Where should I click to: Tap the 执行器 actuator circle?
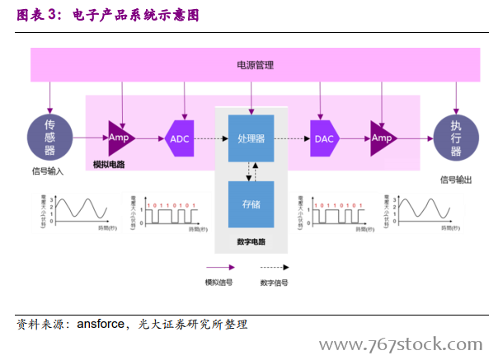[455, 138]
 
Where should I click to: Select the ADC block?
[179, 138]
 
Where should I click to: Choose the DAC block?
[324, 138]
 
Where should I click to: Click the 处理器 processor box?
[251, 138]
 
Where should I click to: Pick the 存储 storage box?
[251, 203]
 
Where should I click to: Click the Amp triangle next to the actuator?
[381, 138]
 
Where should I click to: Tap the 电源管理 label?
[255, 65]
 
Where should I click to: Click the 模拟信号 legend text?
[218, 283]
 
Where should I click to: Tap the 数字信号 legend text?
[274, 283]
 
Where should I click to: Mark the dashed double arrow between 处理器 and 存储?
[251, 171]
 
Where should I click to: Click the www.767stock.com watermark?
[401, 344]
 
